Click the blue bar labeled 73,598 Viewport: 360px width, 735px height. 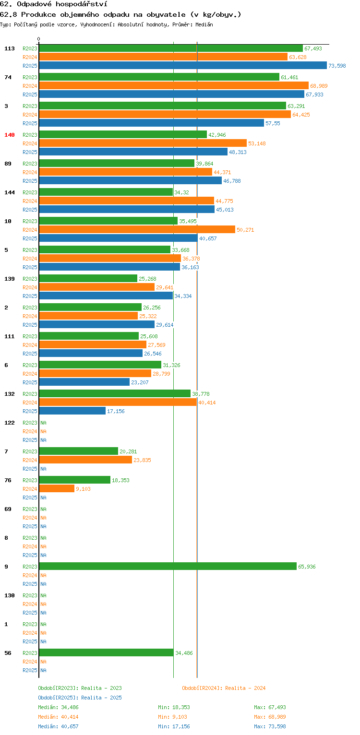click(x=183, y=65)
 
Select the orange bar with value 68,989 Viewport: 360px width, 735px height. click(x=174, y=86)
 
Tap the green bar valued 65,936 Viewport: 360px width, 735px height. click(x=168, y=566)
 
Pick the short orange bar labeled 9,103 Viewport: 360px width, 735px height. click(x=57, y=488)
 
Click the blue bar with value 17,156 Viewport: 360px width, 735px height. click(x=72, y=411)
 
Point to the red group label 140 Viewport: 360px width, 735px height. click(x=10, y=135)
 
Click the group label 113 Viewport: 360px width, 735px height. click(x=10, y=48)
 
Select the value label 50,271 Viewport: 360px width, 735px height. click(x=245, y=230)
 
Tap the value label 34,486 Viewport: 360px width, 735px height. click(x=184, y=653)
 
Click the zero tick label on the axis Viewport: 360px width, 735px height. click(x=39, y=39)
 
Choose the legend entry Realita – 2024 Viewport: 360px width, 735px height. click(x=224, y=688)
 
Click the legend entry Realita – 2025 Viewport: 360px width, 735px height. click(x=80, y=698)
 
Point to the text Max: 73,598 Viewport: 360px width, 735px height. click(x=270, y=726)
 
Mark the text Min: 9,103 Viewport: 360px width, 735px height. click(x=172, y=717)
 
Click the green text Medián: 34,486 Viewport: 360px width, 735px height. click(x=58, y=707)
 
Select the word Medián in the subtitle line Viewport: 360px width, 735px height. click(x=204, y=24)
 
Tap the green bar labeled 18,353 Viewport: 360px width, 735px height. click(x=74, y=480)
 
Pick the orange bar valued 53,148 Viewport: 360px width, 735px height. click(x=143, y=143)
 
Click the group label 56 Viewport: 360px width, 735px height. click(x=8, y=653)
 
